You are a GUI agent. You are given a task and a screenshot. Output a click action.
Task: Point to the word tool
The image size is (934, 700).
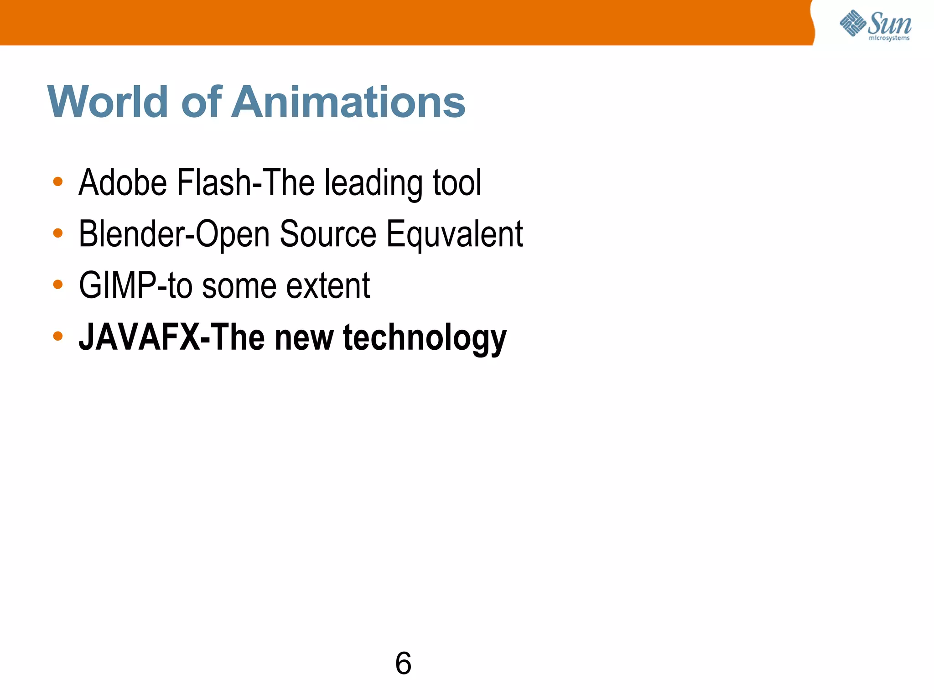click(x=457, y=182)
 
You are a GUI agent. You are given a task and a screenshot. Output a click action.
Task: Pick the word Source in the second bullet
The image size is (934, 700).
click(x=328, y=234)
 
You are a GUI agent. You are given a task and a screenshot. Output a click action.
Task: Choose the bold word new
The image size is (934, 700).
click(x=304, y=337)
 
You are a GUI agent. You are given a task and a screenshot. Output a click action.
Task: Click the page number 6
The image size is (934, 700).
click(x=403, y=663)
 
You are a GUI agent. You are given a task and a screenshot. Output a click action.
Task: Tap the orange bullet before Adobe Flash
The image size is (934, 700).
click(x=58, y=181)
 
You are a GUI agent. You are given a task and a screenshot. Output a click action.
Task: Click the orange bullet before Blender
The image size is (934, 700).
click(x=58, y=233)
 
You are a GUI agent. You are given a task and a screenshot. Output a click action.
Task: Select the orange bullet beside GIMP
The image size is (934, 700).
click(x=58, y=285)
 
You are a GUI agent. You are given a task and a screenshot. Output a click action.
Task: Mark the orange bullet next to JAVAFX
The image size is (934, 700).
click(x=58, y=337)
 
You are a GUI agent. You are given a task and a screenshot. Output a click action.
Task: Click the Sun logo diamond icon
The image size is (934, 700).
click(x=853, y=23)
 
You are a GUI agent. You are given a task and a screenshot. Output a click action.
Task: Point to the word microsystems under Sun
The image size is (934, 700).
click(x=889, y=38)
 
